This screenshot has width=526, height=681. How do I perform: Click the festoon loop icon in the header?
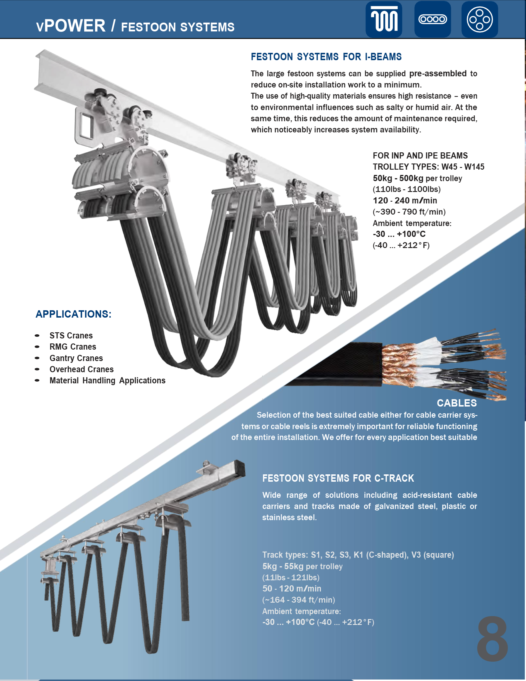point(384,19)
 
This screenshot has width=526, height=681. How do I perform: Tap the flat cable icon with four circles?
point(432,19)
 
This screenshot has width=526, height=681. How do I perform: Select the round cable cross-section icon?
point(480,19)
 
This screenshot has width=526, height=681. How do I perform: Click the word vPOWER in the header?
point(71,26)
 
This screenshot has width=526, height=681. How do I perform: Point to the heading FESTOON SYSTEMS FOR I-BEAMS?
point(326,57)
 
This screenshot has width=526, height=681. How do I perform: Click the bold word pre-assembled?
point(438,74)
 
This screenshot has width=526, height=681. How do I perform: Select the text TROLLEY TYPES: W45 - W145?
point(429,167)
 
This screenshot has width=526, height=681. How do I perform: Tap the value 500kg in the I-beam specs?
point(411,178)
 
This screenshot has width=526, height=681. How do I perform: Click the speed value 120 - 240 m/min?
point(405,200)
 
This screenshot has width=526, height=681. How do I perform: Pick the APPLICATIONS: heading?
point(74,314)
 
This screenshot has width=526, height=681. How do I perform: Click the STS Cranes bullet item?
point(71,336)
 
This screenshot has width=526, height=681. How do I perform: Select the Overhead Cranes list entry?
point(82,369)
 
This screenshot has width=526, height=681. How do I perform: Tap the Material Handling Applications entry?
point(107,380)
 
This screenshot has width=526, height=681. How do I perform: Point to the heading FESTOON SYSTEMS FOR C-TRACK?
point(338,478)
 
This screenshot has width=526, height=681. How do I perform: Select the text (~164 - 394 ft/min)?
point(299,600)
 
